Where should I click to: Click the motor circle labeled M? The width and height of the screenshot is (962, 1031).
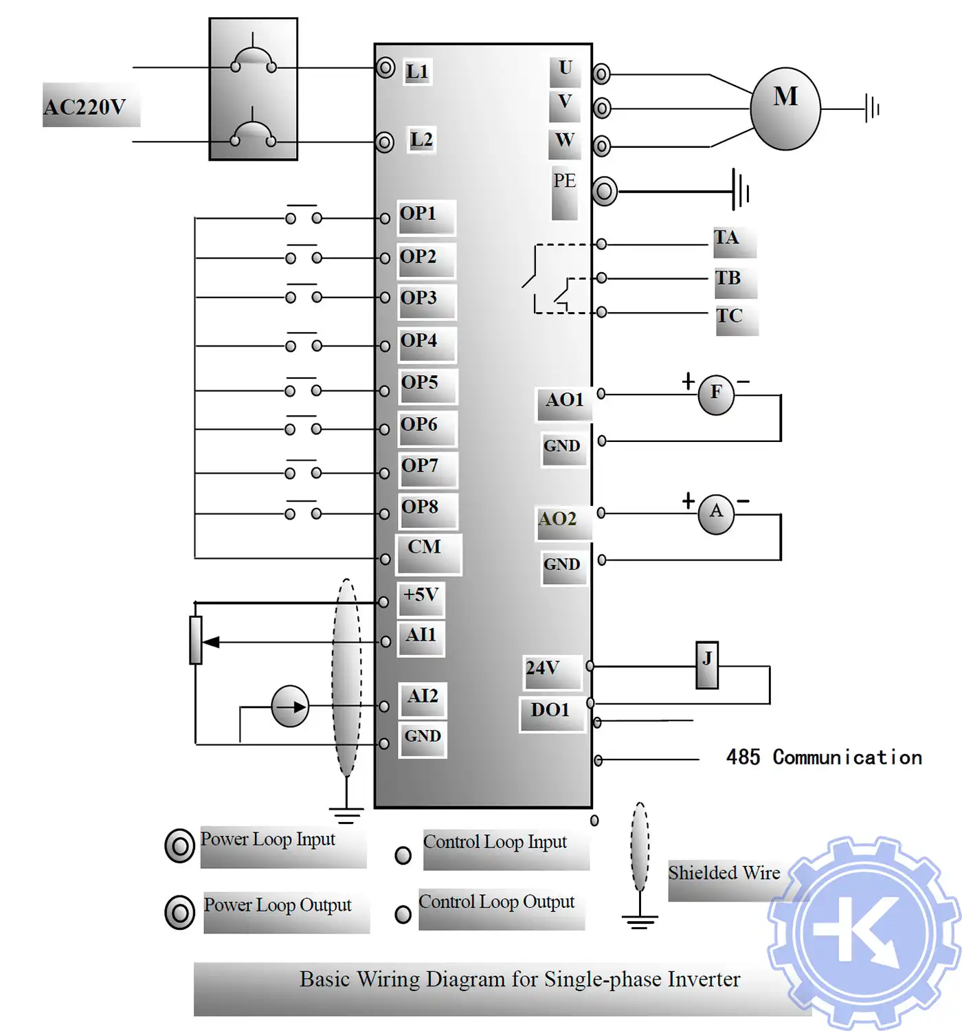(x=785, y=108)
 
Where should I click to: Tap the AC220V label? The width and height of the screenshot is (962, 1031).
(x=85, y=107)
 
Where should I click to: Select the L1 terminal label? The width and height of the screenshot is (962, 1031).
(x=417, y=71)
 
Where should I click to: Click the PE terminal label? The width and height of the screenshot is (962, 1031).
(x=564, y=181)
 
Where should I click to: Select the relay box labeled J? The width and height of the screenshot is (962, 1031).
(x=707, y=665)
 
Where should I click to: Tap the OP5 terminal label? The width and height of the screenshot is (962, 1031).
(x=420, y=382)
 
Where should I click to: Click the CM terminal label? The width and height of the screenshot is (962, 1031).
(x=425, y=547)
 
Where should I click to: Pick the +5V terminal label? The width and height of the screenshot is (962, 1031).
(x=421, y=595)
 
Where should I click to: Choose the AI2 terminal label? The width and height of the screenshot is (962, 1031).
(x=423, y=696)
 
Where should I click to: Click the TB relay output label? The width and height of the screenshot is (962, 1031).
(x=728, y=278)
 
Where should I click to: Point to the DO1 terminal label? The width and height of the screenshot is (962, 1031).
(x=550, y=710)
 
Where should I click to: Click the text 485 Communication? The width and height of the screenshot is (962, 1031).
(x=824, y=757)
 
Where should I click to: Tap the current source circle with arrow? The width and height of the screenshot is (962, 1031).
(x=290, y=706)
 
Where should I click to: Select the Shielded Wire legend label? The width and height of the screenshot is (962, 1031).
(x=724, y=873)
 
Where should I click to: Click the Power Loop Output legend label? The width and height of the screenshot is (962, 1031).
(x=278, y=905)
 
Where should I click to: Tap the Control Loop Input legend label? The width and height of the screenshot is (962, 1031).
(x=495, y=842)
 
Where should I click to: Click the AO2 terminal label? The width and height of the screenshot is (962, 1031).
(x=558, y=519)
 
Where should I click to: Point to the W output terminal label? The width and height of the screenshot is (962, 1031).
(x=565, y=140)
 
